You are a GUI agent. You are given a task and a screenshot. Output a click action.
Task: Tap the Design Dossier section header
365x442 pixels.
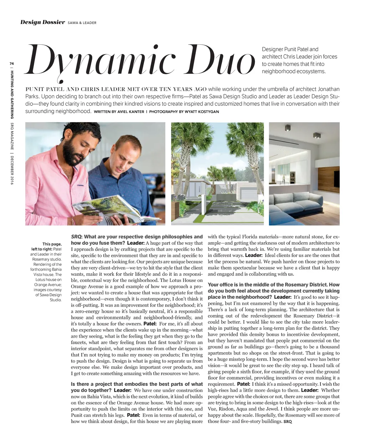(x=43, y=23)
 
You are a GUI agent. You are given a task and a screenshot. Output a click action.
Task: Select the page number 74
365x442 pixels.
(x=12, y=63)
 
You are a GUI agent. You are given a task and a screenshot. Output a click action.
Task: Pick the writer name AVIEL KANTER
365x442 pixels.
(x=130, y=112)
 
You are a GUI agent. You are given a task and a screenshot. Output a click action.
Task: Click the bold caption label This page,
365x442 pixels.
(x=52, y=244)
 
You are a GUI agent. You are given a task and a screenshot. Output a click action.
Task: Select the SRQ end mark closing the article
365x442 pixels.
(x=287, y=422)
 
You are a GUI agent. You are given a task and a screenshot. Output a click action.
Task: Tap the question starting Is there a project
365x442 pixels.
(x=137, y=384)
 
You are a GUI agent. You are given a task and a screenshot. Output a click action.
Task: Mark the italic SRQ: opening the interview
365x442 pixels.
(x=77, y=237)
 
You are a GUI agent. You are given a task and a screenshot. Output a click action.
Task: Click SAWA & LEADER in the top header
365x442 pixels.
(x=82, y=23)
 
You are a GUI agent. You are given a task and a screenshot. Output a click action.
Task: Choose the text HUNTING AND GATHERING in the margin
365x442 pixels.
(x=12, y=95)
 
